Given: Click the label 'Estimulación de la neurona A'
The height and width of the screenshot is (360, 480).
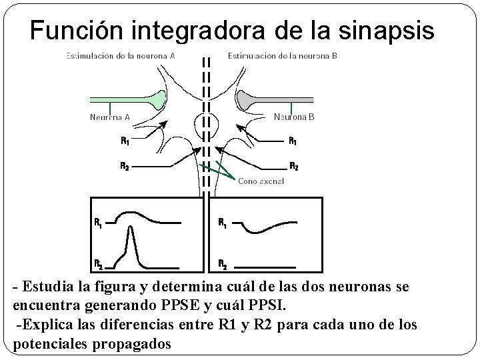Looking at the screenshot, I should [x=121, y=56].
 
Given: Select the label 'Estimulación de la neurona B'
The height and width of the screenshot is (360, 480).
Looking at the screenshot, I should [x=283, y=56].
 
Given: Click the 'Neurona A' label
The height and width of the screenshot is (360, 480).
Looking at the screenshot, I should [x=109, y=117].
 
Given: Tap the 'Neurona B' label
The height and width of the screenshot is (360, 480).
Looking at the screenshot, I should [x=294, y=117].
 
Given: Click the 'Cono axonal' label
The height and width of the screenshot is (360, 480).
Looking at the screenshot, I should [x=261, y=181].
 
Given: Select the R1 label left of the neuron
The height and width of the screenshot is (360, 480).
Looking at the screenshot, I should [x=125, y=141].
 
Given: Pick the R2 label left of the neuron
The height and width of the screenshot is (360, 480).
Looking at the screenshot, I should [x=125, y=166].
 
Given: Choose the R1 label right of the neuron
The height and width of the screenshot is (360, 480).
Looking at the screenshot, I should [x=292, y=141].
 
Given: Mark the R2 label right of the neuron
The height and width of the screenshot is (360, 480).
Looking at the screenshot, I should [x=292, y=166].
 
